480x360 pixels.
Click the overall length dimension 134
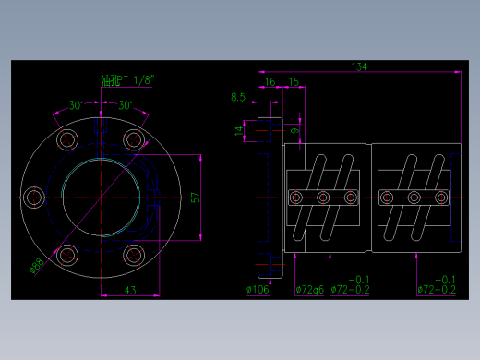[359, 66]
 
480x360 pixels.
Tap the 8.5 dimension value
[238, 96]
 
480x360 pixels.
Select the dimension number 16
[269, 82]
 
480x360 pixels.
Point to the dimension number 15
[293, 82]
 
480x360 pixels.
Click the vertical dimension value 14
[238, 132]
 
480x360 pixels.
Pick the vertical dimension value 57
[195, 198]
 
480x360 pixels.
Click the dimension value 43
[130, 292]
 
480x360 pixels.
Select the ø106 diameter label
[258, 290]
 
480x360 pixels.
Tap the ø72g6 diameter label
[309, 290]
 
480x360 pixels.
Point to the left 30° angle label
[75, 104]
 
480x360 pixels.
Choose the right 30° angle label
[126, 104]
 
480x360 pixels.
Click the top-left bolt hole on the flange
[67, 139]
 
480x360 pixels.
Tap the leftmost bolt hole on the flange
[34, 198]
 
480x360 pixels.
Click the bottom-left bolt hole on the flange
[67, 256]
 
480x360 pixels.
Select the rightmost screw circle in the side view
[442, 198]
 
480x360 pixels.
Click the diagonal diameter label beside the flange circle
[38, 266]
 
